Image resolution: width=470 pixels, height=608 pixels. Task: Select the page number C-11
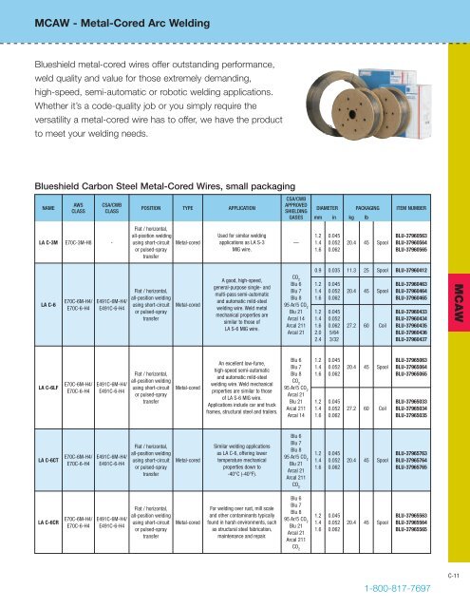(x=455, y=575)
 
